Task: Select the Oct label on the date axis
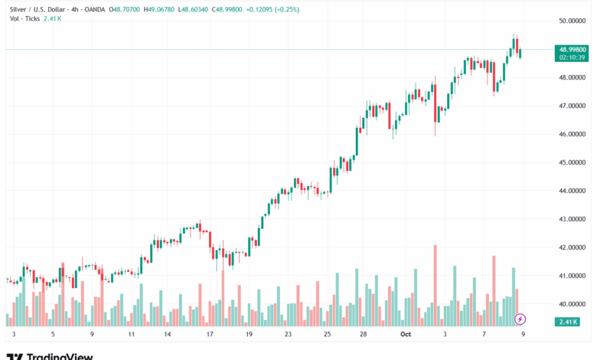[407, 335]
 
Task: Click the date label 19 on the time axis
[248, 335]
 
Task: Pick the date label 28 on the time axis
[363, 335]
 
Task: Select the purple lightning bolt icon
[520, 319]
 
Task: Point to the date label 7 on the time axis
[484, 335]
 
